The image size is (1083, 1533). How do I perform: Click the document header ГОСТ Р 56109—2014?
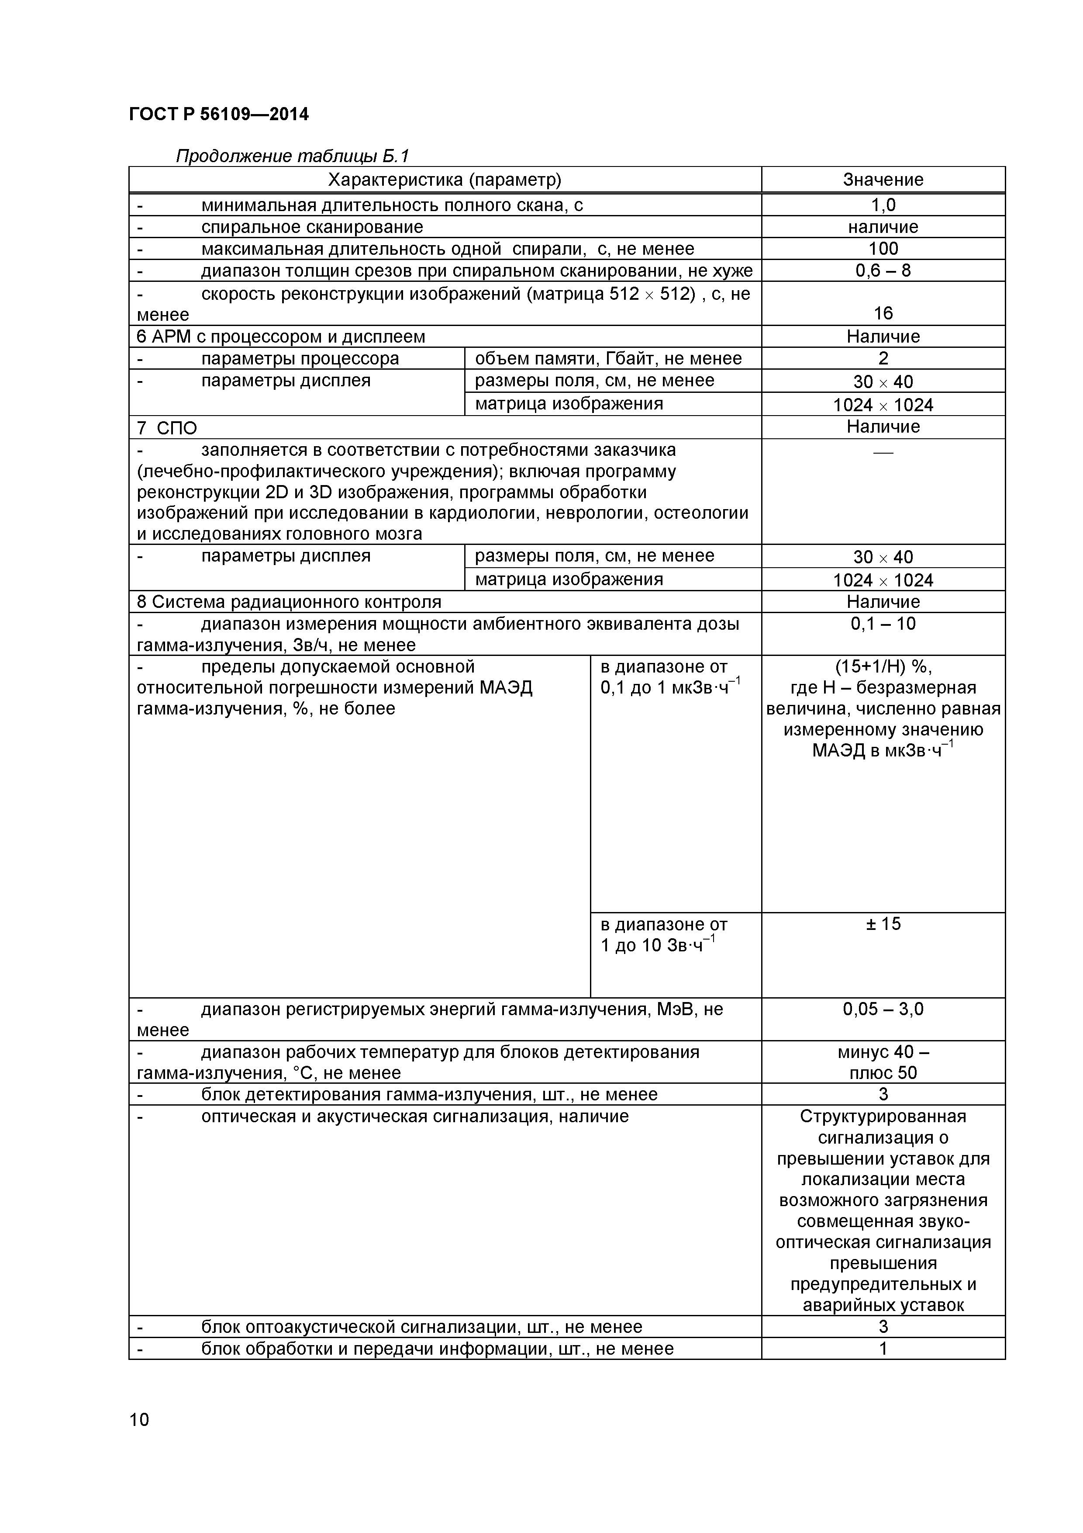click(219, 115)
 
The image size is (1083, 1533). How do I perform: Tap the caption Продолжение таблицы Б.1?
click(292, 156)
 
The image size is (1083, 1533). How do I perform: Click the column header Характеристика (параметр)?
click(445, 180)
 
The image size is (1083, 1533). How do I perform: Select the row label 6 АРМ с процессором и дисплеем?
click(281, 336)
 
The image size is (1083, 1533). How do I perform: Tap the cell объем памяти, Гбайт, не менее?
click(608, 358)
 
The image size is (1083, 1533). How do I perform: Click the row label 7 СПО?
click(167, 427)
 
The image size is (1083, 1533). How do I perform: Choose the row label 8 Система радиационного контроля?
click(289, 602)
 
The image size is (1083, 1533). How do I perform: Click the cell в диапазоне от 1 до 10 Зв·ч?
click(663, 935)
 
